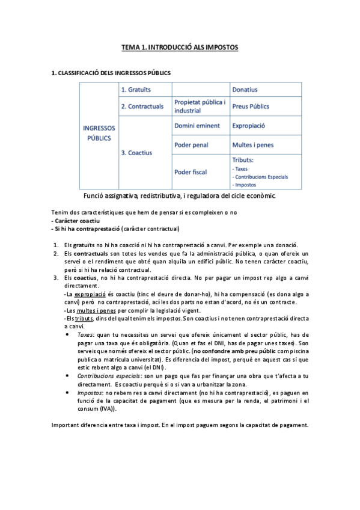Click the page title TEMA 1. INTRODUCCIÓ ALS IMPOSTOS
180,46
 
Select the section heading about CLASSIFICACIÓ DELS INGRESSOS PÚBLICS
111,73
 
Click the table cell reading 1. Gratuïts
136,90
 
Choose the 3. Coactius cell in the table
136,153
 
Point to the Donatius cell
246,90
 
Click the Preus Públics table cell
251,106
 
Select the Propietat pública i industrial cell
200,106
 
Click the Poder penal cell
191,145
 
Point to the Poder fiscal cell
191,171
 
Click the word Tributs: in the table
243,160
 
